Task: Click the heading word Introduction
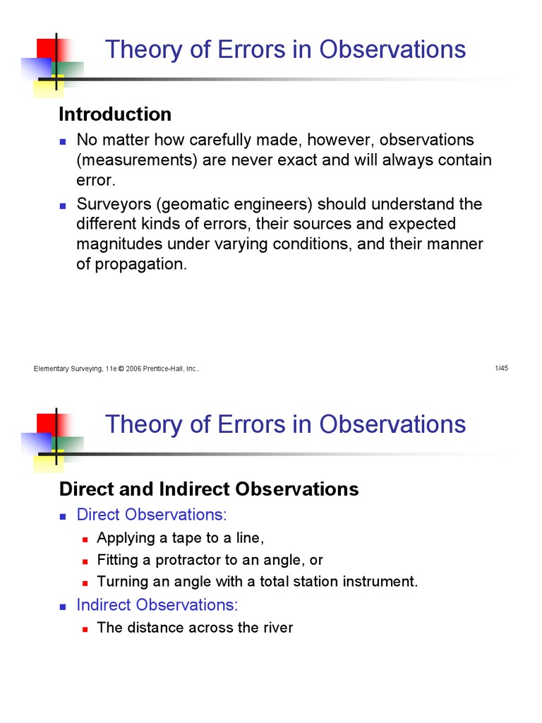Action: [114, 114]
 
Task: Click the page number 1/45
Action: [502, 369]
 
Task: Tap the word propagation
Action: [131, 265]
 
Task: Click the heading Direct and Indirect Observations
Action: [208, 489]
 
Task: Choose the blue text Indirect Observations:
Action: [157, 605]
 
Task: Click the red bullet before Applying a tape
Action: [85, 539]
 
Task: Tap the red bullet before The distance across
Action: [85, 628]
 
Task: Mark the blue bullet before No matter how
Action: [63, 141]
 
